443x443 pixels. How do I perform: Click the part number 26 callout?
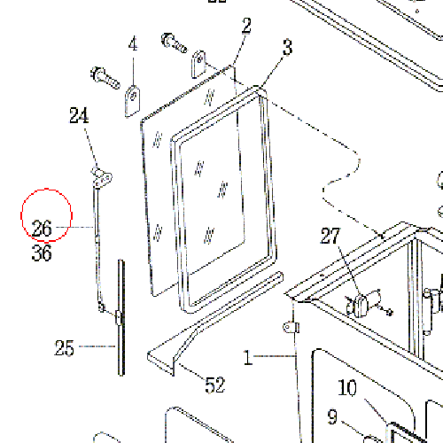42,228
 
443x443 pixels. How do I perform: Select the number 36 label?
42,253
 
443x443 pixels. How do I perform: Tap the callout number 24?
79,115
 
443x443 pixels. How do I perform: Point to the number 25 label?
64,348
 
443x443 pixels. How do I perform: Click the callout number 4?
133,43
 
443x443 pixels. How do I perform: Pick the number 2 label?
246,26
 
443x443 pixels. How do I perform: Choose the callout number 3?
288,47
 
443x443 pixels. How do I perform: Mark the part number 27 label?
330,236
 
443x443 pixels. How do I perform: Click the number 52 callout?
215,385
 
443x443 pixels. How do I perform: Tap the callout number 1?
247,357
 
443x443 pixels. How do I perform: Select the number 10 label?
347,387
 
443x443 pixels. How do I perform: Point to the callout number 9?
332,416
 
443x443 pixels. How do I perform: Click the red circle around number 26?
46,189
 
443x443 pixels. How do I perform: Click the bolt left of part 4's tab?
105,78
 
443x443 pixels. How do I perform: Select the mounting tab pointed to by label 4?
133,101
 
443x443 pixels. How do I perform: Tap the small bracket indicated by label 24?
102,176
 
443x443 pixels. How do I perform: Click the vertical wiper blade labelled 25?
121,317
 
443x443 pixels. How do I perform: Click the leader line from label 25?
97,346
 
